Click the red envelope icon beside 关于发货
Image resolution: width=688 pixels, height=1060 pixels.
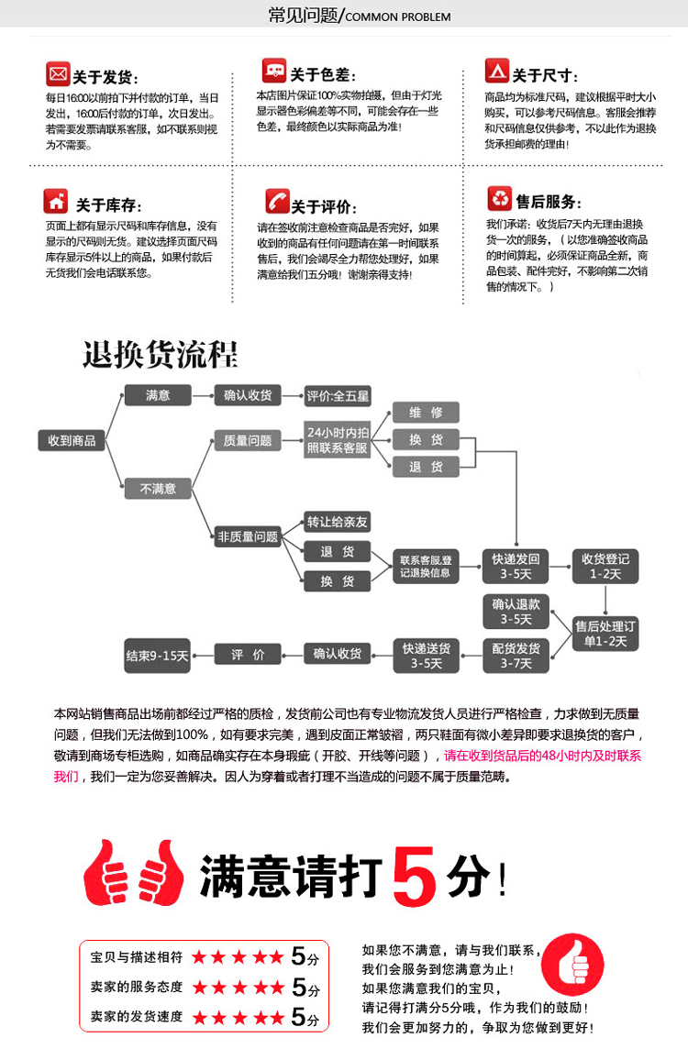pos(58,72)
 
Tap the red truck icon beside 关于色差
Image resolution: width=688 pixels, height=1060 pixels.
pos(273,71)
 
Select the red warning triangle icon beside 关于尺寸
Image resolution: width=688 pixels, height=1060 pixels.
pos(496,72)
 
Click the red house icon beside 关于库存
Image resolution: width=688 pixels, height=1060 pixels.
pos(56,201)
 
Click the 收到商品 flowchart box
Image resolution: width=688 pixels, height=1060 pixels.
pos(72,440)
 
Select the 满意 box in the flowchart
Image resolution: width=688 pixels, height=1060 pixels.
pos(158,395)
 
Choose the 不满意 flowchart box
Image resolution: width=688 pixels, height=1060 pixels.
pos(158,489)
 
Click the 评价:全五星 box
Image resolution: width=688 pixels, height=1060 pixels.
pos(338,396)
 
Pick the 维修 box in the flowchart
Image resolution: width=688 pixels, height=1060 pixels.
pos(426,413)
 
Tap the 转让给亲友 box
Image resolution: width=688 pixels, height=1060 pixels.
pos(337,523)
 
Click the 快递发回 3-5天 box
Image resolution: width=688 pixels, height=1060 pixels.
pos(516,567)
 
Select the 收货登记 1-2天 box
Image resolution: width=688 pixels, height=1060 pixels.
pos(605,567)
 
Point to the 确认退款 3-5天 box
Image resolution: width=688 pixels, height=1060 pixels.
pos(516,612)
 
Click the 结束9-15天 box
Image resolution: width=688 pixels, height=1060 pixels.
pos(157,656)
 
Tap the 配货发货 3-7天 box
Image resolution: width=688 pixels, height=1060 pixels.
pos(516,656)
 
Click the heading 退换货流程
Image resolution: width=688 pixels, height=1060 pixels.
pos(160,354)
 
